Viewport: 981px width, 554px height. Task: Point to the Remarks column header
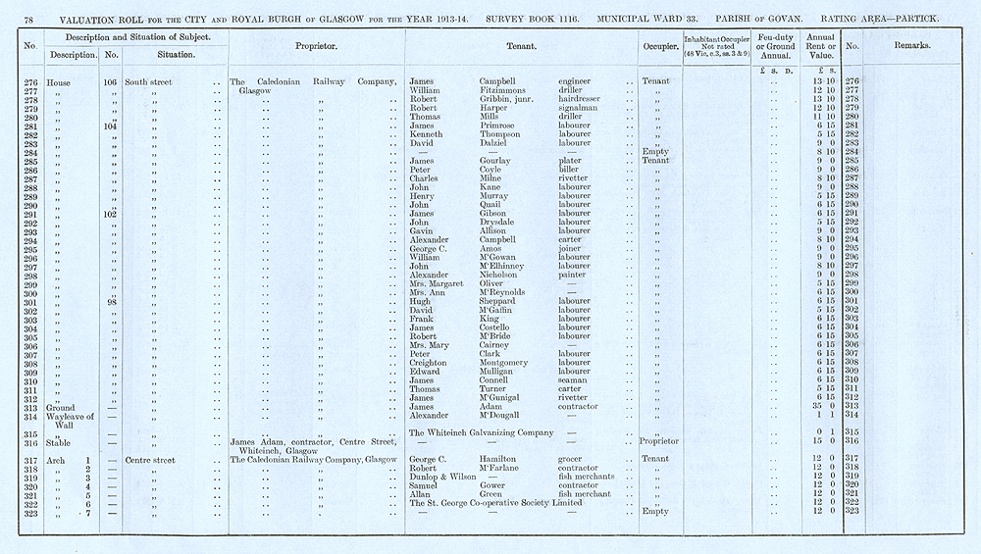pyautogui.click(x=911, y=46)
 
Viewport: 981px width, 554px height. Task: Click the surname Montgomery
pyautogui.click(x=509, y=363)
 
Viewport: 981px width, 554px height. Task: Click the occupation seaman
pyautogui.click(x=575, y=380)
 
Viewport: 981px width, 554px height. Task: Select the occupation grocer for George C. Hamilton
pyautogui.click(x=574, y=459)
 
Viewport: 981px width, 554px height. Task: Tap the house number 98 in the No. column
pyautogui.click(x=110, y=301)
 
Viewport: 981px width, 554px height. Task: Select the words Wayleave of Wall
pyautogui.click(x=70, y=420)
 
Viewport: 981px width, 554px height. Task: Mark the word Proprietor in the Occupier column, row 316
pyautogui.click(x=658, y=441)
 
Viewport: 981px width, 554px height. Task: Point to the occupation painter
pyautogui.click(x=574, y=275)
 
